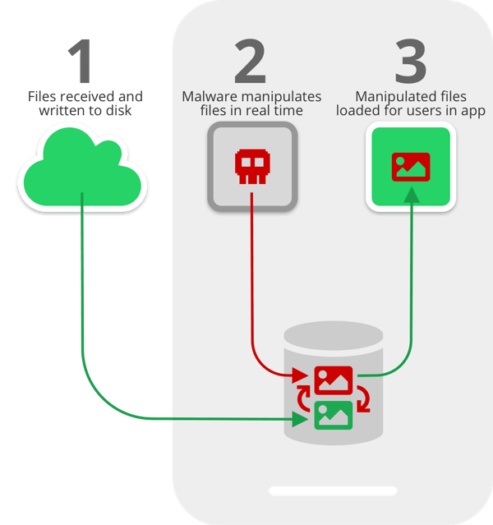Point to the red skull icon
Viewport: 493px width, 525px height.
click(x=251, y=168)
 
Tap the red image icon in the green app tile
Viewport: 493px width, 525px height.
click(x=410, y=167)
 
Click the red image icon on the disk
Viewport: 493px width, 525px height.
click(x=333, y=380)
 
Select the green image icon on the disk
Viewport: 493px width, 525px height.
click(x=334, y=414)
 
